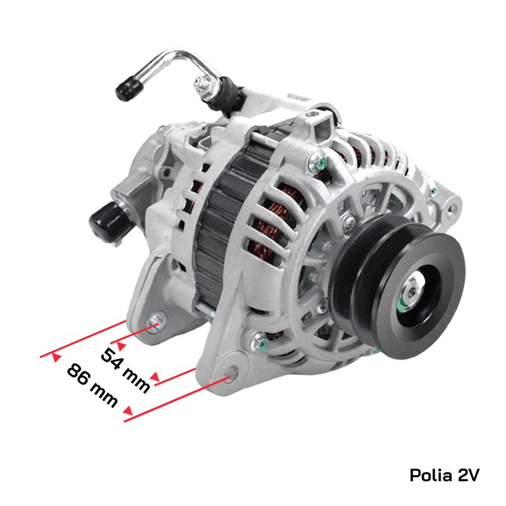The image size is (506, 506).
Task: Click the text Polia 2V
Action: [x=445, y=475]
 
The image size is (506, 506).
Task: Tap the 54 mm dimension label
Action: [x=125, y=371]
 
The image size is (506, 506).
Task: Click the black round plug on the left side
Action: [x=105, y=220]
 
